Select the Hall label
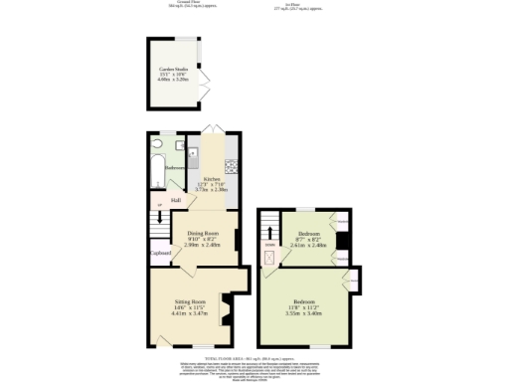[175, 200]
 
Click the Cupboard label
[160, 253]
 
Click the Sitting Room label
[189, 300]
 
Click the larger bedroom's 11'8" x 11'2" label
[303, 307]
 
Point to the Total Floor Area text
[254, 357]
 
